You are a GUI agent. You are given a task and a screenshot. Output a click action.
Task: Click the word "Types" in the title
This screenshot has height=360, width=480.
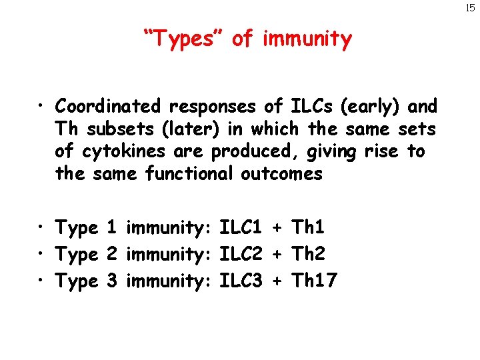click(183, 39)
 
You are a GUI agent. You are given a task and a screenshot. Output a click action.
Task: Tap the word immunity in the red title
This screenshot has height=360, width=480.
click(307, 39)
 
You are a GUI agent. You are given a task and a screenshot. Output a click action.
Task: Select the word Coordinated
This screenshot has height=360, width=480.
click(108, 106)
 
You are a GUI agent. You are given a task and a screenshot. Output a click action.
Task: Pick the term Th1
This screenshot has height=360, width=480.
click(308, 228)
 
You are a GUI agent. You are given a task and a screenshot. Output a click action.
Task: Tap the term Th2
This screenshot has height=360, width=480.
click(308, 255)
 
